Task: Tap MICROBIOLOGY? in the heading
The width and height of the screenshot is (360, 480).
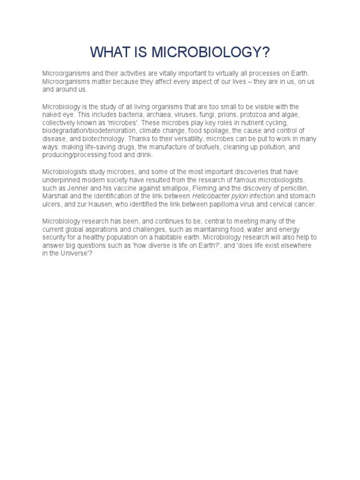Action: tap(211, 52)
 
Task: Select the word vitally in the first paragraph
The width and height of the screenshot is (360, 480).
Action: tap(162, 74)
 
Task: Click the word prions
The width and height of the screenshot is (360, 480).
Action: tap(217, 115)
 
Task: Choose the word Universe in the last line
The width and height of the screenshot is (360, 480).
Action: tap(72, 253)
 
